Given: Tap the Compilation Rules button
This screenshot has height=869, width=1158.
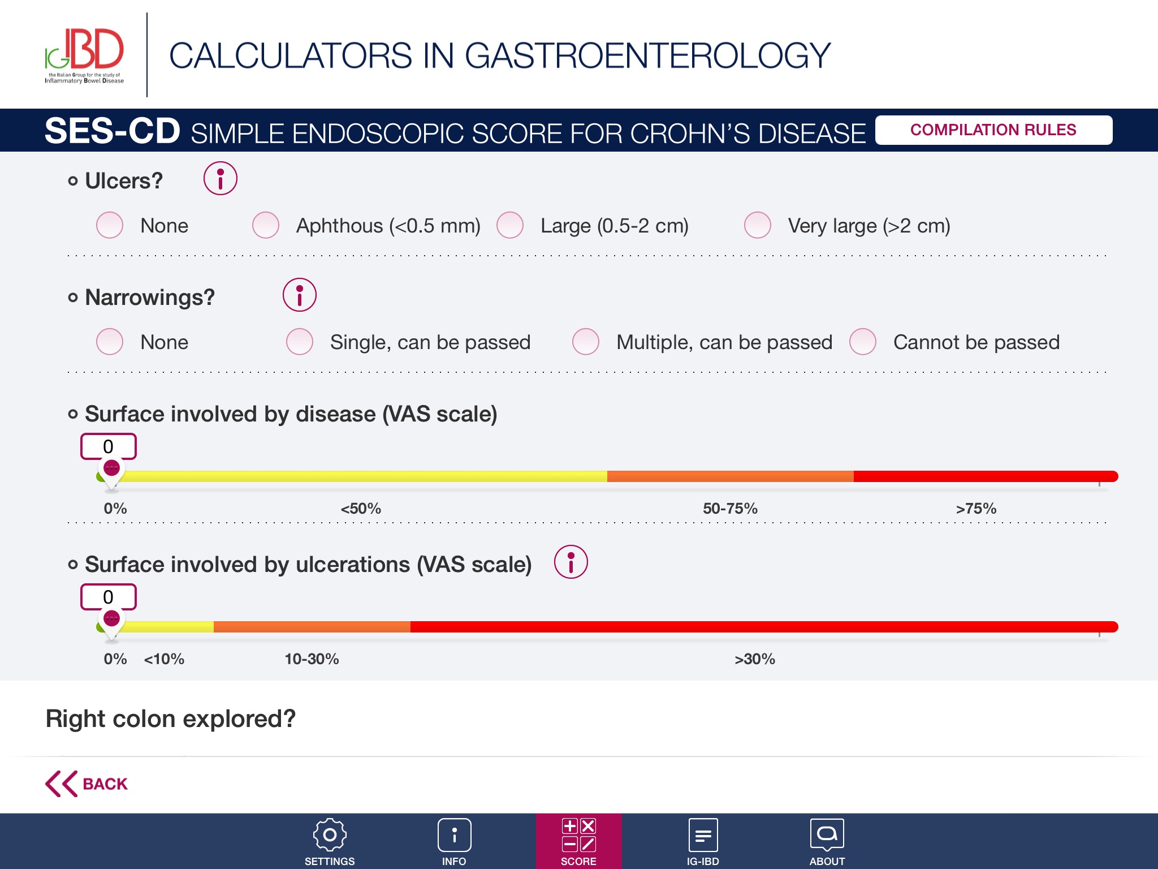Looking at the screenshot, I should pos(993,130).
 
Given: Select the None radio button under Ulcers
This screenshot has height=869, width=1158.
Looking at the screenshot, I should pos(110,226).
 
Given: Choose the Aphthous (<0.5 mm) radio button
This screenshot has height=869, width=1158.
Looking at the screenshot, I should pos(266,226).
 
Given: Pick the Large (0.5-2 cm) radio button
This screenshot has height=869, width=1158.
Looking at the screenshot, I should pos(510,226).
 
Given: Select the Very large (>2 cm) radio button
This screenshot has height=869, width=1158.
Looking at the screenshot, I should pos(758,226).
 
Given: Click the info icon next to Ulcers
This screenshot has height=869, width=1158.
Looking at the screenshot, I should pos(220,179).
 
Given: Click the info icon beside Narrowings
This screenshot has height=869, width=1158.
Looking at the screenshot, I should pos(299,295).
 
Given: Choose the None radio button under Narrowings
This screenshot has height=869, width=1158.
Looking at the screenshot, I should pos(110,342).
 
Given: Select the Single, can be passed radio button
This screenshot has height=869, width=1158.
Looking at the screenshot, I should pos(300,342).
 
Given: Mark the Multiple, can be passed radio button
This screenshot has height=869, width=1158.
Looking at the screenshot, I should pos(586,342).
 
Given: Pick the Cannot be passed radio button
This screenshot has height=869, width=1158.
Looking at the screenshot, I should pos(863,342).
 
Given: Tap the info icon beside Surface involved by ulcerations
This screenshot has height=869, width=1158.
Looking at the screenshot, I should pos(571,562).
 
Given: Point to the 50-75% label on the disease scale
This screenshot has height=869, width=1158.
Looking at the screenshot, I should pos(730,509).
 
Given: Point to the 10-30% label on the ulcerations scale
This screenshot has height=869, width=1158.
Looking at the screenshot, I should pos(312,659).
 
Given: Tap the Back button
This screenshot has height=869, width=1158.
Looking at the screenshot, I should pos(87,784).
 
